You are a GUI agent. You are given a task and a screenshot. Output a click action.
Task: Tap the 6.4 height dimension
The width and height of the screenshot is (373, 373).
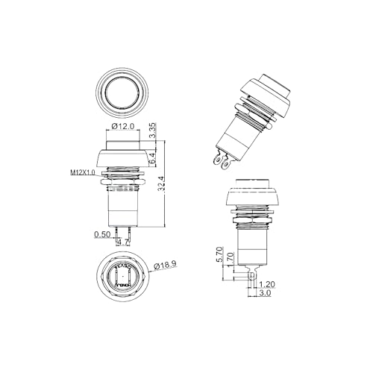click(x=153, y=157)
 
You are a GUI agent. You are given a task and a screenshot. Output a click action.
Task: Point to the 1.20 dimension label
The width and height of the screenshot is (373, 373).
click(x=268, y=284)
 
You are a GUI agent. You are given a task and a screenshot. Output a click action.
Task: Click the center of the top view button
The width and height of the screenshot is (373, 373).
click(x=122, y=93)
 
